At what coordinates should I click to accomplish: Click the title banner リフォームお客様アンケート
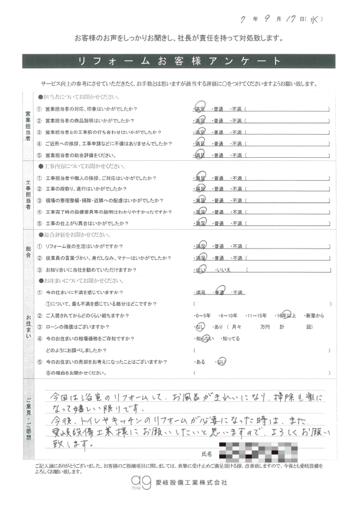coord(179,62)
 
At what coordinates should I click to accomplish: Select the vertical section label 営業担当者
coord(28,126)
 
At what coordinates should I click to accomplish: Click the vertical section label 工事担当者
coord(28,194)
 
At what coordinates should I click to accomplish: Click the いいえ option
coord(233,270)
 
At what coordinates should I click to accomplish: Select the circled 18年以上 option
coord(284,316)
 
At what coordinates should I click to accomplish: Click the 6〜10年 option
coord(230,316)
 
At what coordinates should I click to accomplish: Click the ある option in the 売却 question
coord(201,361)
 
